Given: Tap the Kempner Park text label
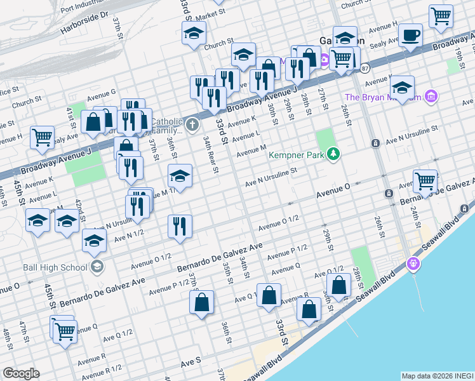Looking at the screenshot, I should point(295,154).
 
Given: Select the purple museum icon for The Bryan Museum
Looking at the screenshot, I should point(431,97).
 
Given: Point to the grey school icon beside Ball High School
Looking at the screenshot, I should point(97,266).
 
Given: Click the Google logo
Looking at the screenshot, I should point(21,373).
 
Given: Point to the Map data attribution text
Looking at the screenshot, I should point(437,375).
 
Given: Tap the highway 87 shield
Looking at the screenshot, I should point(364,67).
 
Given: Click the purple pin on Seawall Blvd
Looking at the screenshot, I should point(414,262).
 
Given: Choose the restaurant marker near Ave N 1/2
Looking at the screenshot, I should point(180,226).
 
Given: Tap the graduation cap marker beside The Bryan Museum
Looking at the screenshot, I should point(402,87).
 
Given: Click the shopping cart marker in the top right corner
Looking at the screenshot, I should point(441,16).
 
